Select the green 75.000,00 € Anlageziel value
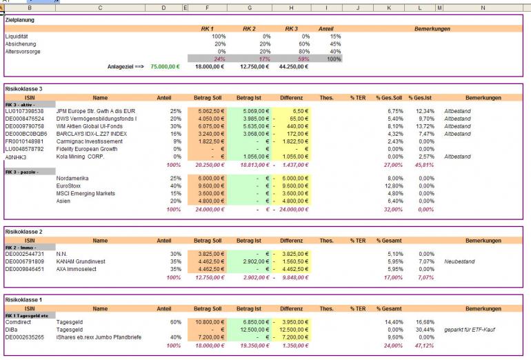coord(165,67)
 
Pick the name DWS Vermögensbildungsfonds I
coord(97,119)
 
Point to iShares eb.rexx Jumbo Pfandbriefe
coord(96,337)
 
